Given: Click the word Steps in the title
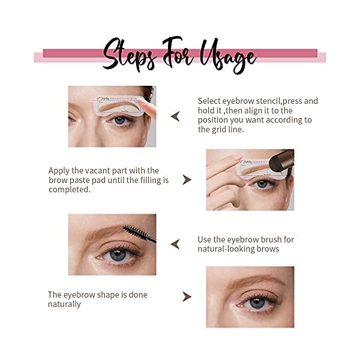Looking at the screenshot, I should pyautogui.click(x=130, y=55).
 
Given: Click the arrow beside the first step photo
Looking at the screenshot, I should pyautogui.click(x=175, y=116).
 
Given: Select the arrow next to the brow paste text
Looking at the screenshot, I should pyautogui.click(x=187, y=179).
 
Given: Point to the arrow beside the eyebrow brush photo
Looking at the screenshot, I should pyautogui.click(x=175, y=244).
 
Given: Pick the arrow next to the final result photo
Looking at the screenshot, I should pyautogui.click(x=187, y=296).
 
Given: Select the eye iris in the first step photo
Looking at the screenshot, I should pyautogui.click(x=119, y=120).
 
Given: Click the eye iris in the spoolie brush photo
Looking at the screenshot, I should pyautogui.click(x=118, y=254).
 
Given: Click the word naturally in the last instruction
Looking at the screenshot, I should pyautogui.click(x=64, y=304).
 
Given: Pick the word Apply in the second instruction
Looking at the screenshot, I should pyautogui.click(x=59, y=170).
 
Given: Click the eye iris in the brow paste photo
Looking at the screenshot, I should pyautogui.click(x=262, y=184).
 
